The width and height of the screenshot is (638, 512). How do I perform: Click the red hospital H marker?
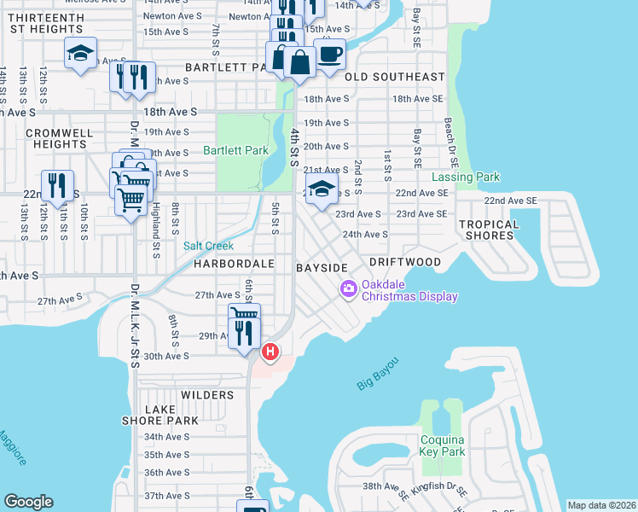(x=270, y=351)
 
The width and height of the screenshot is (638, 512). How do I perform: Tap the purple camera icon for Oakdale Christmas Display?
(x=348, y=289)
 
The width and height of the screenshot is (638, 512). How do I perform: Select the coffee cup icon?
(x=330, y=55)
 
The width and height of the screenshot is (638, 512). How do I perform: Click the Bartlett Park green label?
(x=236, y=150)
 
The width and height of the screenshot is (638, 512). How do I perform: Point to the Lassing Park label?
(x=465, y=177)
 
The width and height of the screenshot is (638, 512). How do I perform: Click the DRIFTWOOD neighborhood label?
(x=405, y=262)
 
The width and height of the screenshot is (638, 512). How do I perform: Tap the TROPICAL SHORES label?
(x=489, y=230)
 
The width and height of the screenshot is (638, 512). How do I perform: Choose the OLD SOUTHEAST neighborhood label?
(x=395, y=77)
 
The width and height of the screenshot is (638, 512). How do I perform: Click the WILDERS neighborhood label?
(x=207, y=395)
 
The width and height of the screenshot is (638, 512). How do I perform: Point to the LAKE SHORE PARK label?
(x=171, y=416)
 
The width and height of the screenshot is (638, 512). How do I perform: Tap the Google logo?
(x=28, y=502)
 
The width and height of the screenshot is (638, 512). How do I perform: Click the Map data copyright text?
(x=601, y=505)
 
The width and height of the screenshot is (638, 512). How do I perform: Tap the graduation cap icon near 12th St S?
(x=79, y=54)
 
